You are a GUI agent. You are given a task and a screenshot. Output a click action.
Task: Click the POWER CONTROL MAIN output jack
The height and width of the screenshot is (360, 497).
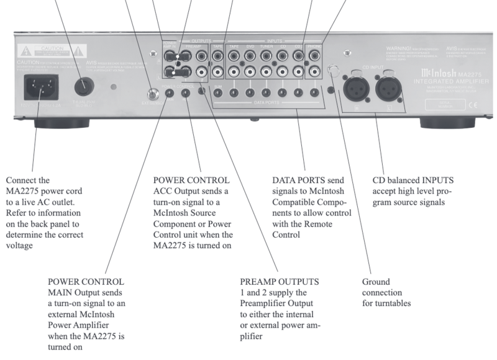170,94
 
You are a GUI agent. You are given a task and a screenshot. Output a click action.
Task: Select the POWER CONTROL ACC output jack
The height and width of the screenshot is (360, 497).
185,94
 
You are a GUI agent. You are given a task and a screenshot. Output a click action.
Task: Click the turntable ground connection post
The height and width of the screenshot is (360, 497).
335,71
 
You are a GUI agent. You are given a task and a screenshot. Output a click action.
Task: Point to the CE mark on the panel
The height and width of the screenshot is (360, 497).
473,106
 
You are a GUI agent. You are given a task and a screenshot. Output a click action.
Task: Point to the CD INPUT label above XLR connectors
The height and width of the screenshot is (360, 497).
371,65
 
